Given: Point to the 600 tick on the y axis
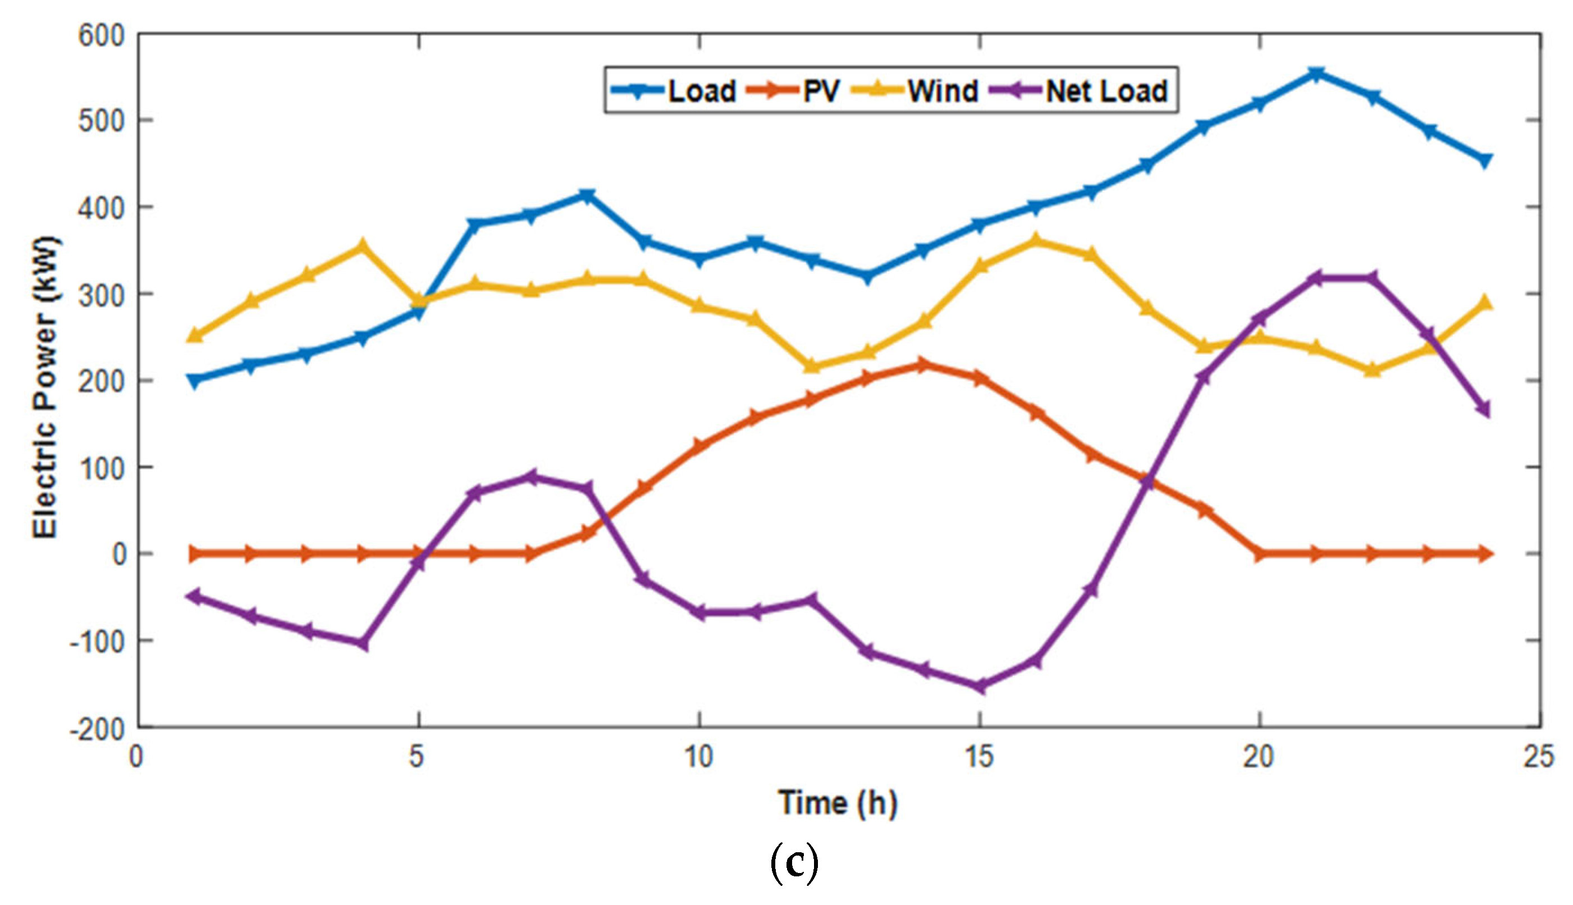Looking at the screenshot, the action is point(101,35).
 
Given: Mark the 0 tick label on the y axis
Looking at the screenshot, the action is point(118,553).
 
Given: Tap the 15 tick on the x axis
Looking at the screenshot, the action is point(980,756).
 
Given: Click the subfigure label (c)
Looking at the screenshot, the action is point(794,863).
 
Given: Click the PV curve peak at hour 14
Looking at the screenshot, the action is point(923,364).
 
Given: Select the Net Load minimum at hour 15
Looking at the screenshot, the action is point(980,686).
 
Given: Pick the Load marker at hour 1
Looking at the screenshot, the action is point(195,381).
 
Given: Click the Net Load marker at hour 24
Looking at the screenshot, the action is point(1484,409).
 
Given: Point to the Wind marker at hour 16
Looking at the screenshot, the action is point(1035,239).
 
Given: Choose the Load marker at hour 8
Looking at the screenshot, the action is point(587,196).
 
